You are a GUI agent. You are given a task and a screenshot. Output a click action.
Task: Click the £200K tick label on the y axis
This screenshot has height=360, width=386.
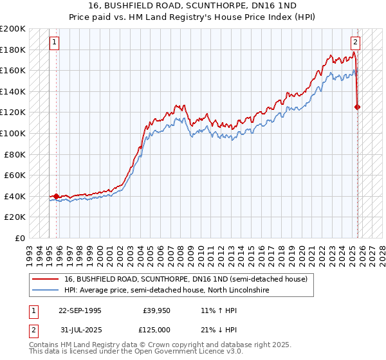13,28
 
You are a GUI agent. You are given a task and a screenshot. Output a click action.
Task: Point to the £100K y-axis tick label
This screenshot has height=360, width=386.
13,133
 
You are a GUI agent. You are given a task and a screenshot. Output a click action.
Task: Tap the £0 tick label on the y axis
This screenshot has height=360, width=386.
19,238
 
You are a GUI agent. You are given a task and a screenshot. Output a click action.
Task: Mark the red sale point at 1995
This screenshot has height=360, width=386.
57,196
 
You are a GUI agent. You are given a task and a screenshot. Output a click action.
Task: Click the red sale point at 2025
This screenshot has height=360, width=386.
358,107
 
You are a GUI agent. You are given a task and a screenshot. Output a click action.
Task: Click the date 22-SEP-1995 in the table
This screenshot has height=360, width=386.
80,310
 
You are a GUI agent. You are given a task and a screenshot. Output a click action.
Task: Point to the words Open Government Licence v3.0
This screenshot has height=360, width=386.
194,352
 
